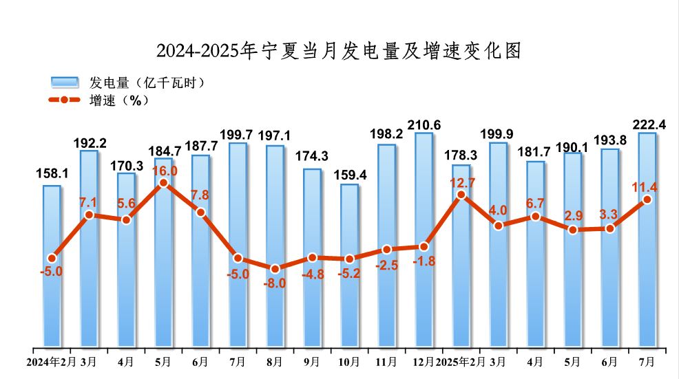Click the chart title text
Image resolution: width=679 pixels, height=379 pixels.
click(339, 50)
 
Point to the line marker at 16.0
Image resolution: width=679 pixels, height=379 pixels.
click(163, 184)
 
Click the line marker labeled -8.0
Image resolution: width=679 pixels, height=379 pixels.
click(275, 269)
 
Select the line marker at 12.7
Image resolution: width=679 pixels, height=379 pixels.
click(461, 195)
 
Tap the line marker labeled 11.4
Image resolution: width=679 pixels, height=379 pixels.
click(647, 199)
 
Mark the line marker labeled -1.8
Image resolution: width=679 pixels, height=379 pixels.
click(424, 246)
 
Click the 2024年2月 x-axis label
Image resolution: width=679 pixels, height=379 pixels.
click(52, 361)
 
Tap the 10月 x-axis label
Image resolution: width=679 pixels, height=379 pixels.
click(349, 361)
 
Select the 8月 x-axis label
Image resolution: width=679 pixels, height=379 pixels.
click(274, 361)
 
